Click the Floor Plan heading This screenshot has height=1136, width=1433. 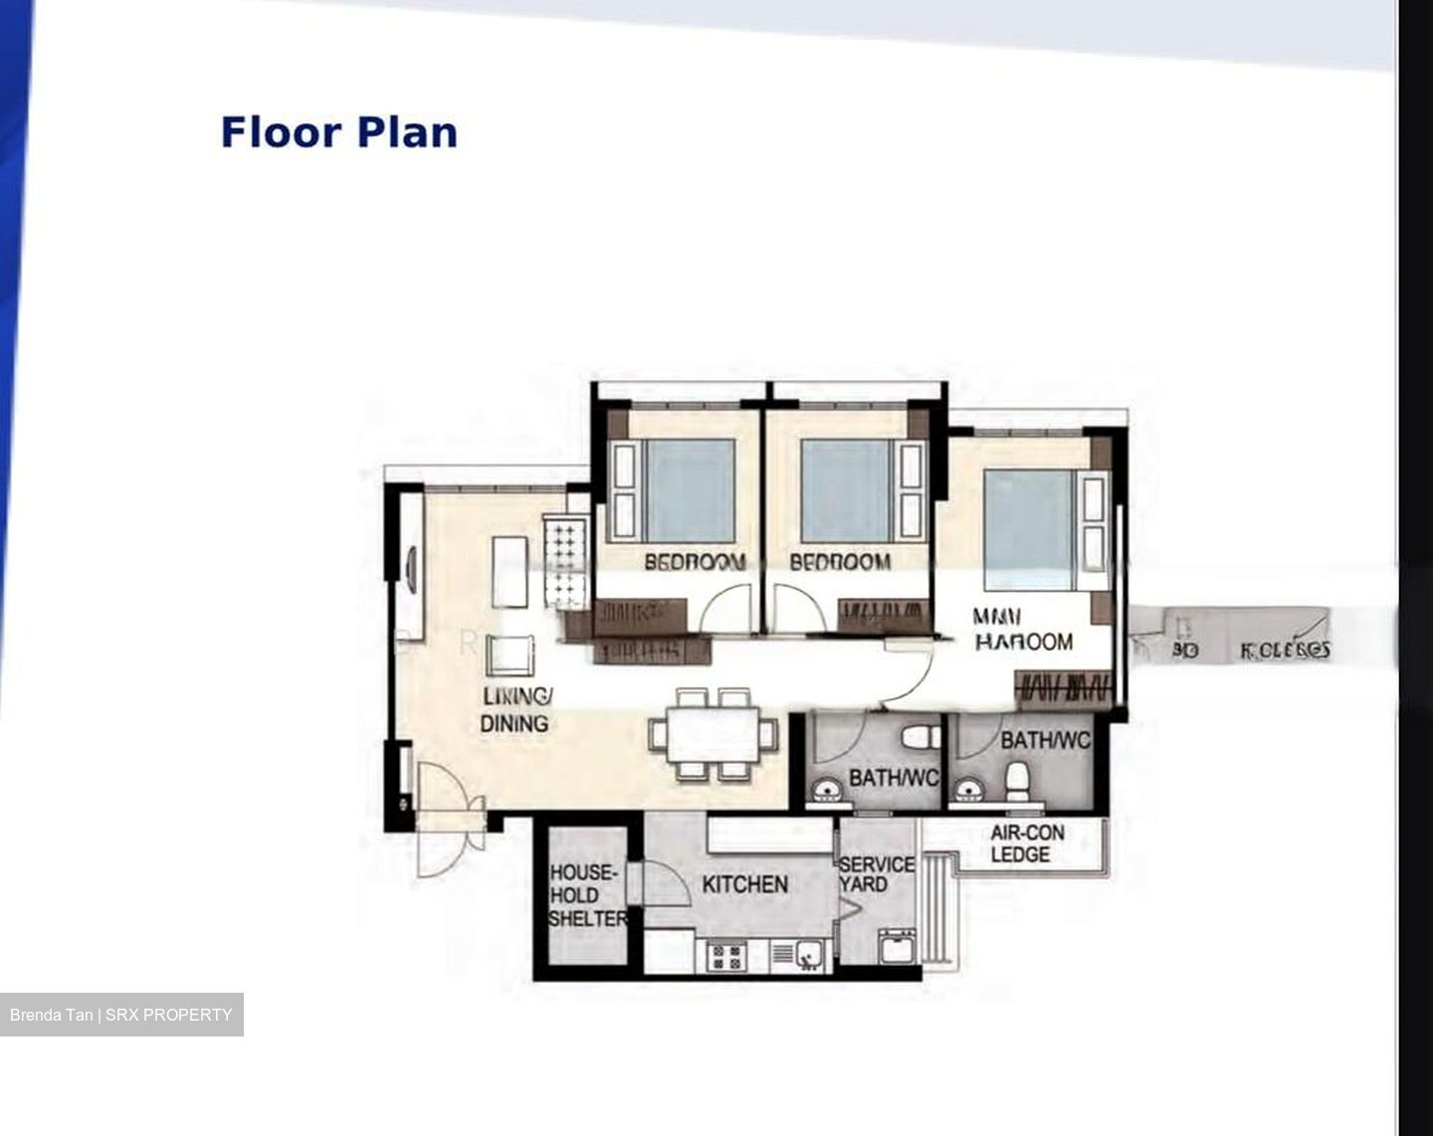(338, 132)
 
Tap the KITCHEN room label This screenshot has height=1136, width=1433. (744, 884)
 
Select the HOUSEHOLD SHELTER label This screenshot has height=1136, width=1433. (587, 895)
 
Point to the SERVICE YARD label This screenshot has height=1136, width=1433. (876, 874)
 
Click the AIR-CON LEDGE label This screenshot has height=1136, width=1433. (1027, 844)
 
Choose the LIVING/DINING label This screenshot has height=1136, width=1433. (515, 709)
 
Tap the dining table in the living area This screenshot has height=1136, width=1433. (713, 735)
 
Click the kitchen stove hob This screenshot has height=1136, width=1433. (726, 957)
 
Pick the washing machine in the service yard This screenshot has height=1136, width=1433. (898, 945)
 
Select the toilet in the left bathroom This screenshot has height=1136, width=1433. (917, 738)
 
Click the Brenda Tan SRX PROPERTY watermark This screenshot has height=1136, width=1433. (121, 1015)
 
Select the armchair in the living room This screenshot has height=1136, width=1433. (511, 656)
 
